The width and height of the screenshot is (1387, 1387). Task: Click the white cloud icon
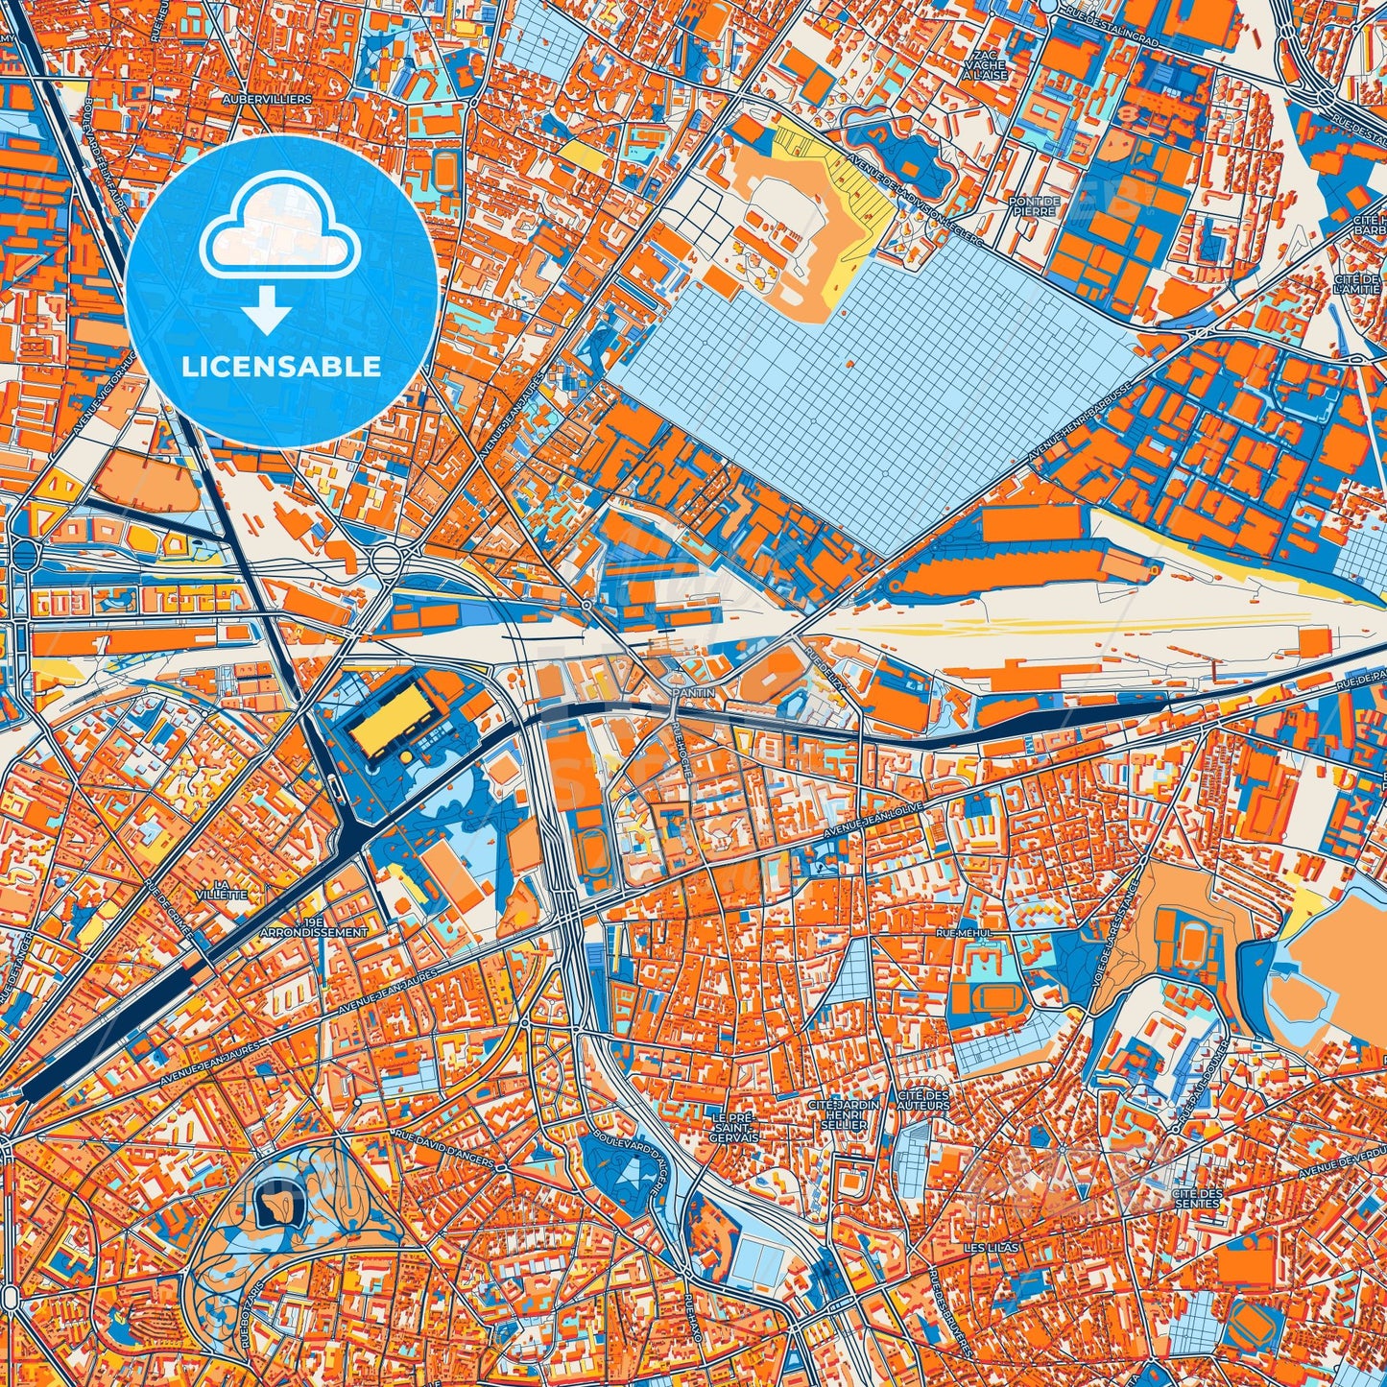pos(278,227)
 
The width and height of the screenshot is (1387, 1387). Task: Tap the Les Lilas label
pos(992,1248)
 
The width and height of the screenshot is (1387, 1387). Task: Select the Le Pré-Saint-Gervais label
pos(736,1127)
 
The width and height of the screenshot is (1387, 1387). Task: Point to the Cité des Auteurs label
pos(923,1100)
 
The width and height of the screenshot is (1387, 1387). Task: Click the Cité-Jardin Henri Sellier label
pos(844,1114)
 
